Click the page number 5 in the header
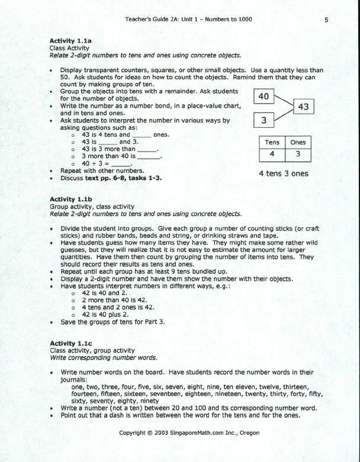click(326, 20)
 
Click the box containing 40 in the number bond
click(264, 97)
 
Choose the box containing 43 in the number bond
click(303, 107)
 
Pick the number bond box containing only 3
click(264, 120)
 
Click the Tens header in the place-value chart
click(272, 142)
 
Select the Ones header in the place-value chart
click(298, 142)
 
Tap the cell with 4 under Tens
click(272, 153)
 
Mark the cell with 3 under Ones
click(298, 153)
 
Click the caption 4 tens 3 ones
click(284, 174)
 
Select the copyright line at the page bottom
click(189, 433)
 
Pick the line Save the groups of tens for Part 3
click(112, 322)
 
